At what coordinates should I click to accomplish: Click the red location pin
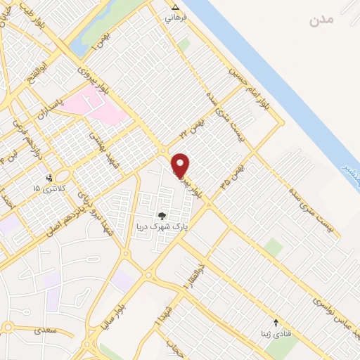coord(181,165)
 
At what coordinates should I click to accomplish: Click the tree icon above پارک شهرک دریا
coord(162,216)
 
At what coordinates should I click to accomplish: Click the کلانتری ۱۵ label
coord(48,188)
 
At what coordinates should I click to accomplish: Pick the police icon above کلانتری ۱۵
coord(49,178)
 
